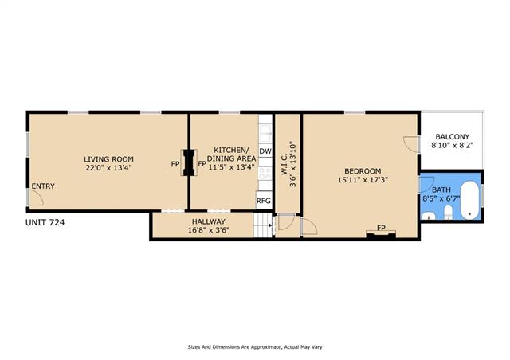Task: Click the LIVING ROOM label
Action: (108, 159)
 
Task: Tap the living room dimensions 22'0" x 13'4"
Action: (108, 168)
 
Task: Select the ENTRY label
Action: (43, 186)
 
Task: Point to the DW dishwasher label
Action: (265, 151)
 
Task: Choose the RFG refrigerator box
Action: (264, 201)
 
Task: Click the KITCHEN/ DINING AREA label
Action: (231, 155)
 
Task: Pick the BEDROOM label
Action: (363, 171)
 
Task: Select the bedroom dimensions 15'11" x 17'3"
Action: (363, 180)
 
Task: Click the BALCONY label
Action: (452, 137)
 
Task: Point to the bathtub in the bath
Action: (470, 200)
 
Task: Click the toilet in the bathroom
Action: (448, 212)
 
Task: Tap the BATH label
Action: (441, 190)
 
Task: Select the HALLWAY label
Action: (209, 221)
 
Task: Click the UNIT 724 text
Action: (45, 223)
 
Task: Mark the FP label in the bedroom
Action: (381, 228)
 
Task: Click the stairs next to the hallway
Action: (262, 225)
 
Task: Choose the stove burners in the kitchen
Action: (265, 173)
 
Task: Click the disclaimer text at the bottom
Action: (255, 347)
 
